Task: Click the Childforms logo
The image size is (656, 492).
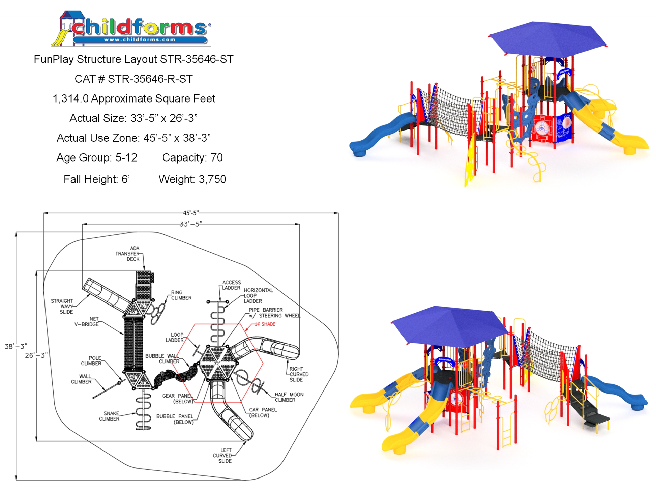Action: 131,29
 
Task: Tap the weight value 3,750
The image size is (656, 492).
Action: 212,179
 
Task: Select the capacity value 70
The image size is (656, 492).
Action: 216,157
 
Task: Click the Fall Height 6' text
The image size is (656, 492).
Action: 97,179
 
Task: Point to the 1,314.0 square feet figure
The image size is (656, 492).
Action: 71,98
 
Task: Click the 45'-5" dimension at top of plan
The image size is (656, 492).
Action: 191,213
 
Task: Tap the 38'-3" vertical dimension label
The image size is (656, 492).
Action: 16,346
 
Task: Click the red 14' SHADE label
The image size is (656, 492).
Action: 265,324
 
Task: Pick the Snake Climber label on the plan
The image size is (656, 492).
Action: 109,416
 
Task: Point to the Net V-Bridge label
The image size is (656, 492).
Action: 87,322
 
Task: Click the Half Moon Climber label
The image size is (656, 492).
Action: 289,397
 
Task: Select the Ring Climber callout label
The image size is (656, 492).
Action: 181,295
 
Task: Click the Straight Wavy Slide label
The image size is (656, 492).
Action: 62,306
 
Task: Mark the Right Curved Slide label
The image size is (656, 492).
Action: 299,374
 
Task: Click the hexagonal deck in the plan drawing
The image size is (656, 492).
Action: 218,363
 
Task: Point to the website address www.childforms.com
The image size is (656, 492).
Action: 140,40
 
